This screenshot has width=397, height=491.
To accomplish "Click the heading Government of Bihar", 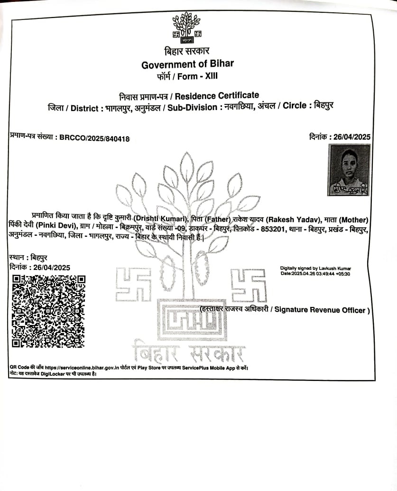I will pos(187,65).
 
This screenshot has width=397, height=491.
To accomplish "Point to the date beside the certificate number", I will pos(352,137).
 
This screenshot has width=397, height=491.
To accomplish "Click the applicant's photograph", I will pos(349,170).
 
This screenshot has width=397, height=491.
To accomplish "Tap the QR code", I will pos(48,311).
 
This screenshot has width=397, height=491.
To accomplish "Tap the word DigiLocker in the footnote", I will pos(55,374).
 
